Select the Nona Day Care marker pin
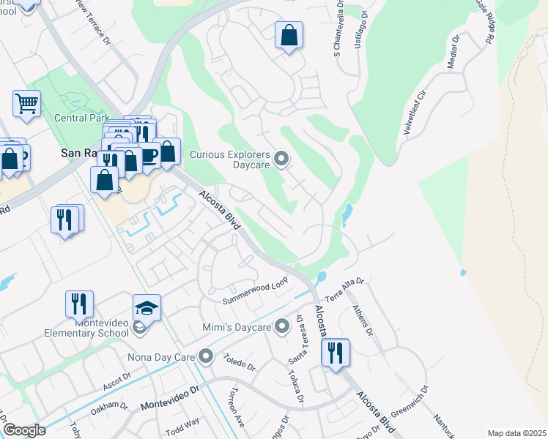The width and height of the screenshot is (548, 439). click(206, 358)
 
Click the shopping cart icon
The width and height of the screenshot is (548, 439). click(26, 103)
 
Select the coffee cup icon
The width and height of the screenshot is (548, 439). click(149, 155)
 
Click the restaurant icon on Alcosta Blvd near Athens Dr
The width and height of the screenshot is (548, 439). click(336, 353)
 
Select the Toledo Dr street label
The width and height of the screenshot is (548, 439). click(239, 361)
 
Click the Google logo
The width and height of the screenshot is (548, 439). click(24, 429)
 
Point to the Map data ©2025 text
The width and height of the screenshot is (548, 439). click(516, 433)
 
